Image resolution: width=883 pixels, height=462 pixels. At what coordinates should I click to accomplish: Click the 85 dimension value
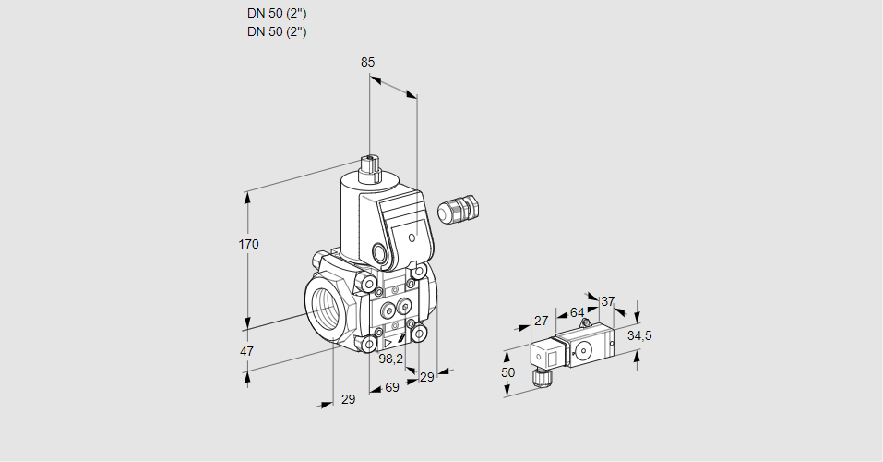[x=368, y=62]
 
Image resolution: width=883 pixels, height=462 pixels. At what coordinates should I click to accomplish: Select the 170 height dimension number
[x=249, y=244]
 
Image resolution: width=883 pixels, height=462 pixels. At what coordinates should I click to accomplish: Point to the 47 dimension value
[x=247, y=351]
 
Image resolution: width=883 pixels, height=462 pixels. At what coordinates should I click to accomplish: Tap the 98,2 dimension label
[x=391, y=359]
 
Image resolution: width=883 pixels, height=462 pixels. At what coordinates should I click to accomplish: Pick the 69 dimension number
[x=391, y=387]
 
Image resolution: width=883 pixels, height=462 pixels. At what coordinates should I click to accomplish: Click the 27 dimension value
[x=542, y=322]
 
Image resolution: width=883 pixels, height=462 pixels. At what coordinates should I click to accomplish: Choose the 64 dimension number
[x=577, y=312]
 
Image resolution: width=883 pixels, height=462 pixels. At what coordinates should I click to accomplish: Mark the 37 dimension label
[x=607, y=301]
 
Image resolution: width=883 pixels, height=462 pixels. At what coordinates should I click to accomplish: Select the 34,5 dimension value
[x=639, y=335]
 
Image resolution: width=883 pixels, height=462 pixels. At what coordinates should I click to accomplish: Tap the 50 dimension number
[x=508, y=371]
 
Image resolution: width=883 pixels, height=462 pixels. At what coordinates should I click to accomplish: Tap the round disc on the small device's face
[x=583, y=350]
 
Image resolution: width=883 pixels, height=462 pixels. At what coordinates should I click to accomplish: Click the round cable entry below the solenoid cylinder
[x=380, y=252]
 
